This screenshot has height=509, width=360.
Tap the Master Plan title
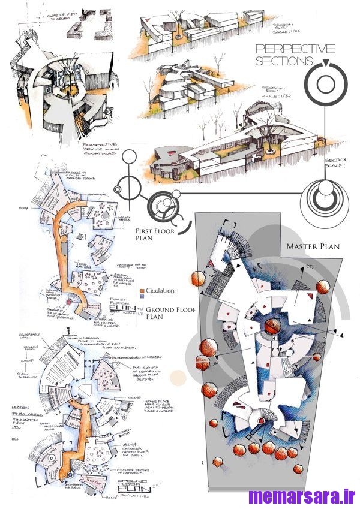point(313,246)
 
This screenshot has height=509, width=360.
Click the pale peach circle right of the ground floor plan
point(178,377)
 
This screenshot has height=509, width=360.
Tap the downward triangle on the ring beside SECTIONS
point(325,64)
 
